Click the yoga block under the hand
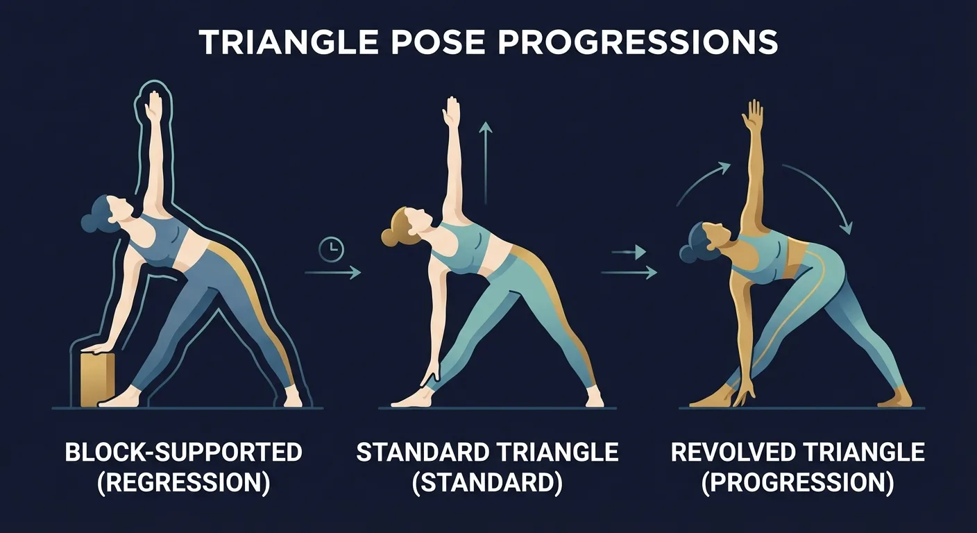(x=98, y=378)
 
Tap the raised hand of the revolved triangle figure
(x=753, y=116)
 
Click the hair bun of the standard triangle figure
(x=389, y=235)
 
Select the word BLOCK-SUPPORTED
(x=184, y=452)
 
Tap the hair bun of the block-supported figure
(x=91, y=221)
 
